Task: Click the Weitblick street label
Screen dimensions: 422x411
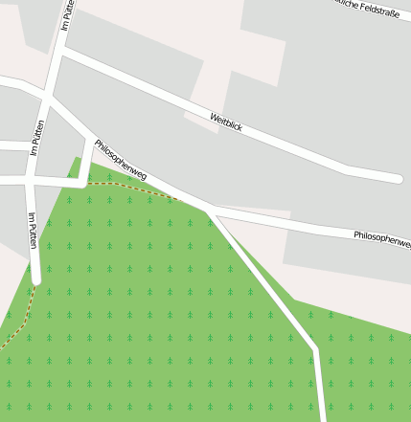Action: click(226, 122)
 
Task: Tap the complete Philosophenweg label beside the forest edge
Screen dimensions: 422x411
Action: click(121, 160)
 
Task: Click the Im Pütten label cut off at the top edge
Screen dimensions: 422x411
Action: click(67, 13)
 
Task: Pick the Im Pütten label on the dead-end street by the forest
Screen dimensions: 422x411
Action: click(33, 231)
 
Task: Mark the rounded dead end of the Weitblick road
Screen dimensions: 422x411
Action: click(396, 177)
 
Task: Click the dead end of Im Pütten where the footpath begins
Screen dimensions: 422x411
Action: click(36, 280)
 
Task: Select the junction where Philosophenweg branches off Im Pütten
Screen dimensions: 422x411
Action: click(47, 96)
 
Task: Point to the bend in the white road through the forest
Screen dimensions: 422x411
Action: click(313, 347)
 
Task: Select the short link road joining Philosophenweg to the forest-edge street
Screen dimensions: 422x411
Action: click(87, 162)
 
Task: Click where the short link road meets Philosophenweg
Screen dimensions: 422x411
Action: click(92, 140)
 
